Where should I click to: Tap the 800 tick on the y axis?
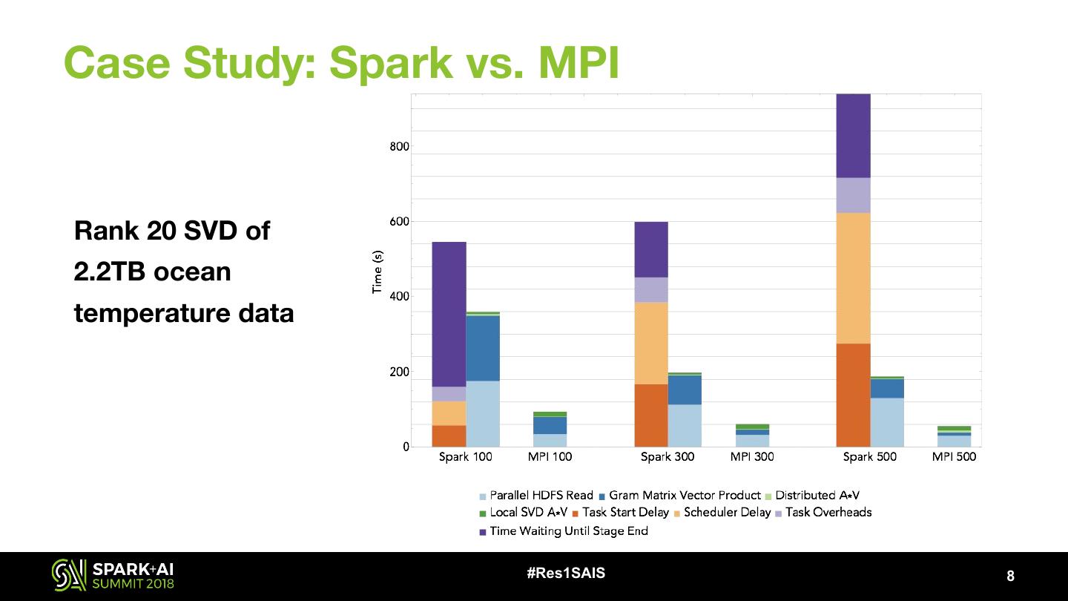tap(399, 147)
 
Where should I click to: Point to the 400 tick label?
tap(399, 297)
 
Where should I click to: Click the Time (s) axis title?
tap(378, 272)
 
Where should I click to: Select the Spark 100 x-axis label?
tap(465, 457)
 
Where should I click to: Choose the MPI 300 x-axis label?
tap(752, 457)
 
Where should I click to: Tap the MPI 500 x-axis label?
tap(954, 457)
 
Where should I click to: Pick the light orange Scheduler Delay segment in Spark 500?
tap(853, 278)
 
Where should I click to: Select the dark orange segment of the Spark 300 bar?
tap(651, 415)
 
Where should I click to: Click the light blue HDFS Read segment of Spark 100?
tap(482, 413)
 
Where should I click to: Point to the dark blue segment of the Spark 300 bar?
tap(685, 390)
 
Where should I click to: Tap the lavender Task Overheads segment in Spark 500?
tap(853, 195)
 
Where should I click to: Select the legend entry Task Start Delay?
tap(625, 513)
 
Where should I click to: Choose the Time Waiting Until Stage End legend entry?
tap(568, 531)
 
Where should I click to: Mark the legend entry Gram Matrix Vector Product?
tap(685, 496)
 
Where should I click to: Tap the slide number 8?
tap(1010, 577)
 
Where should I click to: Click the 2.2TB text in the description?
tap(111, 272)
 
